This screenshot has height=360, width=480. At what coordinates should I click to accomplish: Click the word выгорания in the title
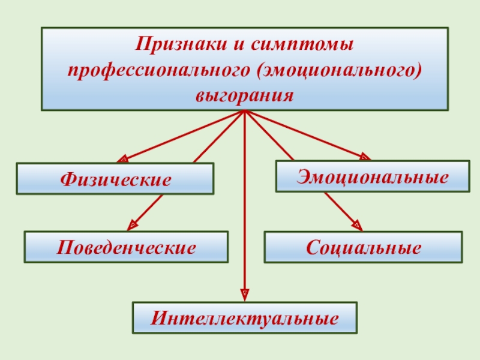click(x=244, y=94)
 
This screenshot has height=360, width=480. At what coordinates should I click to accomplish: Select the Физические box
click(x=115, y=179)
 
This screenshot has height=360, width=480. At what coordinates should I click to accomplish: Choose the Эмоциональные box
click(x=372, y=176)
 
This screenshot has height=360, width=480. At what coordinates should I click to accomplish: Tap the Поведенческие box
click(x=126, y=247)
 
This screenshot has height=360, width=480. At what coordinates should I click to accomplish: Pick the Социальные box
click(x=363, y=247)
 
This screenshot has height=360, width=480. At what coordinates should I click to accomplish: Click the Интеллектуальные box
click(x=245, y=317)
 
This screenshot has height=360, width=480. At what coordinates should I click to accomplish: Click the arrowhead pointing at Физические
click(x=122, y=159)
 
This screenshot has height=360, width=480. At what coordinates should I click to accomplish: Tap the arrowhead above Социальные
click(x=357, y=226)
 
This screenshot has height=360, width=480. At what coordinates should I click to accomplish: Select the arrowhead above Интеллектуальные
click(x=245, y=294)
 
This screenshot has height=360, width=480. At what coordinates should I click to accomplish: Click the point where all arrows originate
click(x=245, y=112)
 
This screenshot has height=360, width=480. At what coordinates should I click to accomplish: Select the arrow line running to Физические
click(x=183, y=136)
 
